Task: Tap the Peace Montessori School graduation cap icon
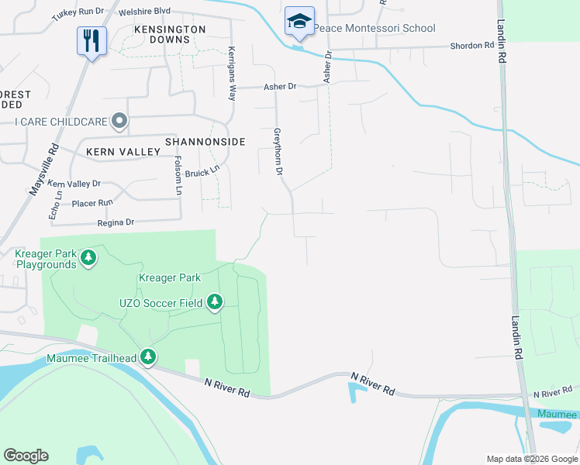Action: (x=299, y=22)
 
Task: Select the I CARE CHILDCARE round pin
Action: (x=119, y=120)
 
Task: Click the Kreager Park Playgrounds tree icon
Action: (x=88, y=257)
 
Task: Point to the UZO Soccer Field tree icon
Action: (x=215, y=302)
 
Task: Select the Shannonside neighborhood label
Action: (x=205, y=142)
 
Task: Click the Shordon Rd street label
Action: (x=473, y=46)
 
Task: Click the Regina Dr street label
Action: (x=116, y=222)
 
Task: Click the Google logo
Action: (x=26, y=456)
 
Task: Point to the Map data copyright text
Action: (x=530, y=459)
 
